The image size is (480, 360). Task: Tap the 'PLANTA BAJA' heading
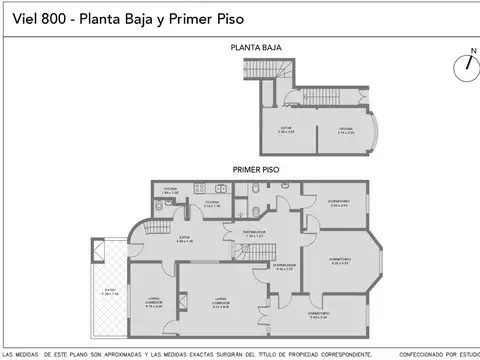click(256, 48)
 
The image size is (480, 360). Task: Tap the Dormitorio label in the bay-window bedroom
click(341, 261)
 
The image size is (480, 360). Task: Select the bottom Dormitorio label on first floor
click(319, 315)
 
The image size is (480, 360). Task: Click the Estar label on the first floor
click(184, 238)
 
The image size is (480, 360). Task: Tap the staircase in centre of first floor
click(260, 251)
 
